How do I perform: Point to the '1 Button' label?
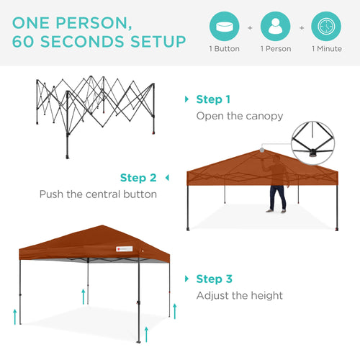coord(224,49)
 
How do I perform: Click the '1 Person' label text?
coord(275,49)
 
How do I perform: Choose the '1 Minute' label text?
coord(327,49)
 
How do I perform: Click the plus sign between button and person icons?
coord(250,27)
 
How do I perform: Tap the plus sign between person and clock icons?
coord(301,27)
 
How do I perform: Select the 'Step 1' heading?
coord(213,99)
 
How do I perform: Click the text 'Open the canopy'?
coord(240,116)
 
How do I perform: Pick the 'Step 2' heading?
coord(138,178)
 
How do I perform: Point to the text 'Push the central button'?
coord(97,194)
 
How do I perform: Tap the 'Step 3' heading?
coord(214,279)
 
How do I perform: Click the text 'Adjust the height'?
coord(240,295)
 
